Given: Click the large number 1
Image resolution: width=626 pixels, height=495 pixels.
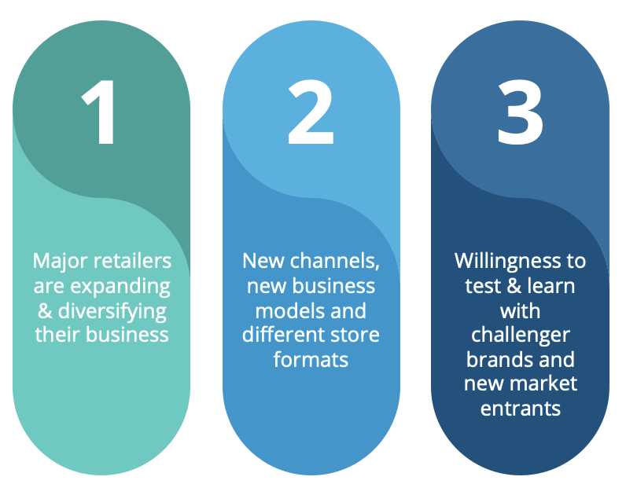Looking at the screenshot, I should [x=101, y=114].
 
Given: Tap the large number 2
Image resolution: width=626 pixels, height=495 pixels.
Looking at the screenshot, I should [x=311, y=114].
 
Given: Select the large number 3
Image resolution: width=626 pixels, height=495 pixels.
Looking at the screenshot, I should [x=520, y=114].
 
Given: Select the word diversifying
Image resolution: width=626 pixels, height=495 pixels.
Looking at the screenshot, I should [x=111, y=311].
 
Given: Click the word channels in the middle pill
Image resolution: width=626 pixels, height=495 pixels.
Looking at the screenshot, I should [x=331, y=261].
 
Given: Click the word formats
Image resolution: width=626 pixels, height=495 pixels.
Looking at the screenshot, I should [x=311, y=361].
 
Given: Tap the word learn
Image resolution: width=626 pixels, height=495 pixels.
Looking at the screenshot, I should [x=549, y=286].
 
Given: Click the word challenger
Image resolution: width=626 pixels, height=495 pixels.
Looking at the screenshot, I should [x=520, y=335].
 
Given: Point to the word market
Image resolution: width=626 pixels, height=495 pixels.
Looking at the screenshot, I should [x=544, y=385].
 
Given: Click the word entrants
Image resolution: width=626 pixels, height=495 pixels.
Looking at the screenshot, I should [x=520, y=409].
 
